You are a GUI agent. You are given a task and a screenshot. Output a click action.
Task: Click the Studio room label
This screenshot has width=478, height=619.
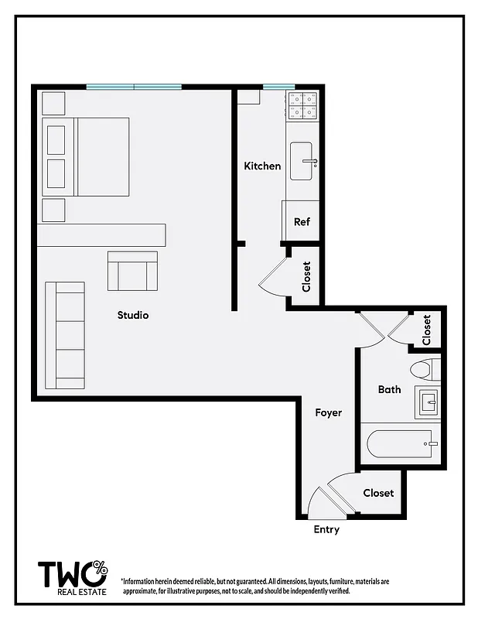pos(133,315)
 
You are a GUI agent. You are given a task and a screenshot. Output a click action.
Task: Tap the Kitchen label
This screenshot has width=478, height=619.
pos(262,166)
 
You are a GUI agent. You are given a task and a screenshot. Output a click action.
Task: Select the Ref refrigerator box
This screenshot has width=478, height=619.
pos(302,221)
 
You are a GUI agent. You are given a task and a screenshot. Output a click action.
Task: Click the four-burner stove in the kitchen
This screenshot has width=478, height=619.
pos(303,105)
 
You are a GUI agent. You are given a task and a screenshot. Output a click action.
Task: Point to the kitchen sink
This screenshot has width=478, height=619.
pos(302,162)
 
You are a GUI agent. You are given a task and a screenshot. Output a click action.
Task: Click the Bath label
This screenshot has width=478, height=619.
pos(389,389)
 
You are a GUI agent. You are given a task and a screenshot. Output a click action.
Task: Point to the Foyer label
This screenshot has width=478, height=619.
pos(328,412)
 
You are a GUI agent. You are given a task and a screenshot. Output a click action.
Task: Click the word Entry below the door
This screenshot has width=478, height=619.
pos(326,530)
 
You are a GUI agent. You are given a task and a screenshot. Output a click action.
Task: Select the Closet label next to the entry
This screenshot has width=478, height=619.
pos(378,493)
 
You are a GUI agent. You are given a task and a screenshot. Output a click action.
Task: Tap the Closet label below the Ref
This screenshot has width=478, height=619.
pos(306,276)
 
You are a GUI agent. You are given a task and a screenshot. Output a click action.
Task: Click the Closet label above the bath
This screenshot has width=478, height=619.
pos(427,330)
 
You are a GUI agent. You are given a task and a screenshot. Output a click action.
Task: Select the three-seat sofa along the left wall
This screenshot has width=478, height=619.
pos(65,335)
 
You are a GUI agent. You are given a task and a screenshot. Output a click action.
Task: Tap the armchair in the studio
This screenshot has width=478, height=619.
pos(132,270)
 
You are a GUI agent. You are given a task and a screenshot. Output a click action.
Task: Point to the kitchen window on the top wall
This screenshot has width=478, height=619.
pos(278,87)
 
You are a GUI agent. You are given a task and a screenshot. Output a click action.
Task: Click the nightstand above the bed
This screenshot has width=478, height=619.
pos(53,103)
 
